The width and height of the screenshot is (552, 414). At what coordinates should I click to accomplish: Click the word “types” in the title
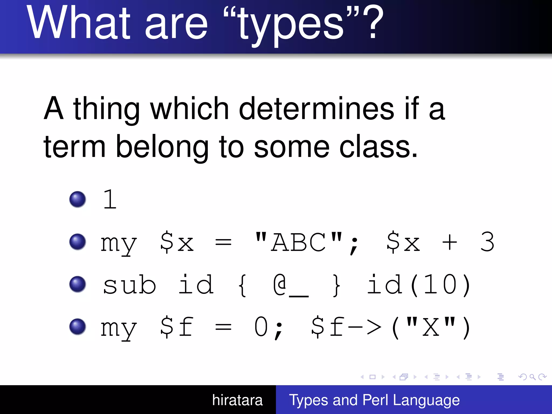pyautogui.click(x=291, y=26)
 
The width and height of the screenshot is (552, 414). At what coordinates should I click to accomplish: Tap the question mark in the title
pyautogui.click(x=373, y=23)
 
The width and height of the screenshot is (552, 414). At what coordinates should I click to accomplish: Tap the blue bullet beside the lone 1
pyautogui.click(x=78, y=199)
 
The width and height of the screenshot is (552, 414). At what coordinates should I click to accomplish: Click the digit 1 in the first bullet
pyautogui.click(x=110, y=199)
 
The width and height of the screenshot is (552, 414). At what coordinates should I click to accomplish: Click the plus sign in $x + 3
pyautogui.click(x=449, y=242)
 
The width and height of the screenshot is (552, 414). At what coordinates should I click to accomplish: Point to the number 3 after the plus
pyautogui.click(x=487, y=242)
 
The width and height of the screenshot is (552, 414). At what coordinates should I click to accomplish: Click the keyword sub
pyautogui.click(x=129, y=285)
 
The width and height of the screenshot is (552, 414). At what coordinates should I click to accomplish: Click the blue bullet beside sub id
pyautogui.click(x=78, y=284)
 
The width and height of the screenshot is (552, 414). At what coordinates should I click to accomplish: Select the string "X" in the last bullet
pyautogui.click(x=430, y=327)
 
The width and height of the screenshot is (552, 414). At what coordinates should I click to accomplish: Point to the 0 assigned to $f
pyautogui.click(x=261, y=327)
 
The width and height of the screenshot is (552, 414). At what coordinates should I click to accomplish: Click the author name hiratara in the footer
pyautogui.click(x=237, y=400)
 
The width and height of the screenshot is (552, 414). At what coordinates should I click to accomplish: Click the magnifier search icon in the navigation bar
pyautogui.click(x=532, y=377)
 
